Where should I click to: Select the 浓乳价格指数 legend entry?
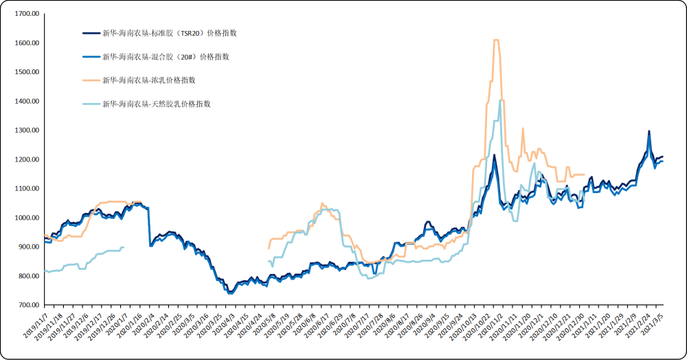(x=148, y=80)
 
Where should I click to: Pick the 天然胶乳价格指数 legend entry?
(x=156, y=104)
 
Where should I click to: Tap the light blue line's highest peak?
(x=499, y=101)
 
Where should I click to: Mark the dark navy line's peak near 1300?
(x=649, y=131)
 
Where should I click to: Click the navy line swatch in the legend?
(x=91, y=33)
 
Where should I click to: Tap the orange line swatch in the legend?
(x=91, y=80)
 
